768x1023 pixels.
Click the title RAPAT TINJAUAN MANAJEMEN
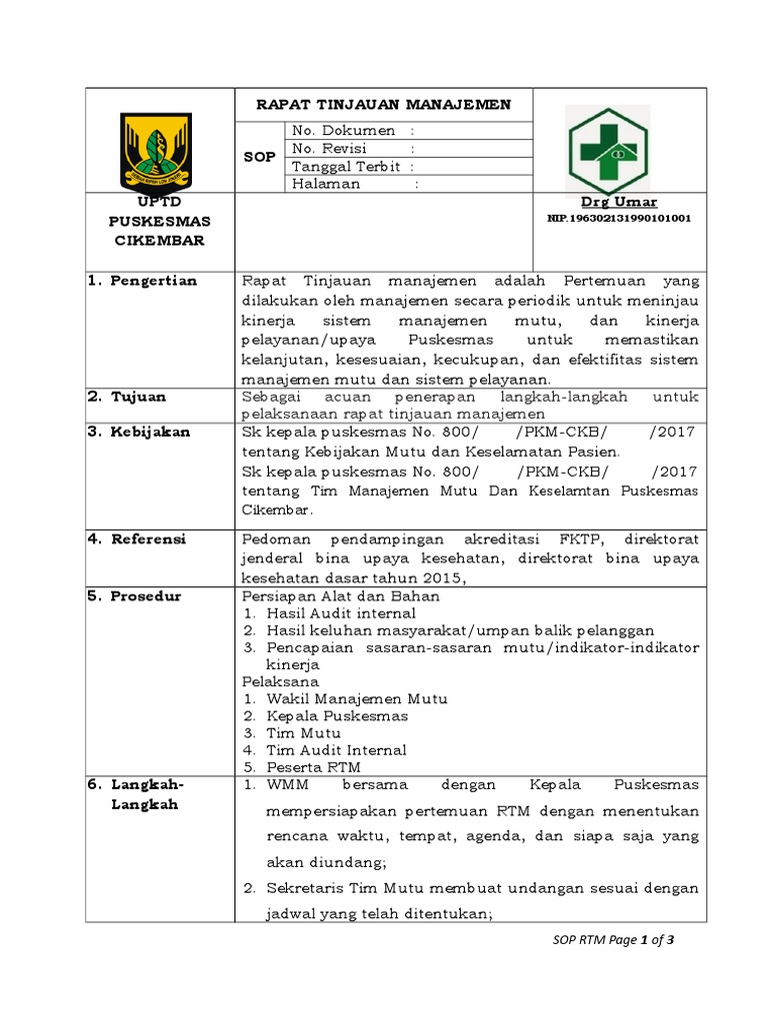(383, 104)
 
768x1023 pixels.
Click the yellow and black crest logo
(160, 151)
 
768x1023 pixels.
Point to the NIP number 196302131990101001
(619, 218)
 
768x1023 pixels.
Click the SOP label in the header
(259, 157)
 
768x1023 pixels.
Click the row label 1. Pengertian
(154, 280)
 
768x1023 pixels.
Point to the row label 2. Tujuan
(140, 397)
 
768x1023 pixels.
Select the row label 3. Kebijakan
(150, 433)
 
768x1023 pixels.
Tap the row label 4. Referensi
(150, 538)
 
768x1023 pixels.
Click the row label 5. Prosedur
(147, 596)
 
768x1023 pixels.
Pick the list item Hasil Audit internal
(340, 612)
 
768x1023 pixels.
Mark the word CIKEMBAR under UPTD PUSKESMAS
(160, 241)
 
